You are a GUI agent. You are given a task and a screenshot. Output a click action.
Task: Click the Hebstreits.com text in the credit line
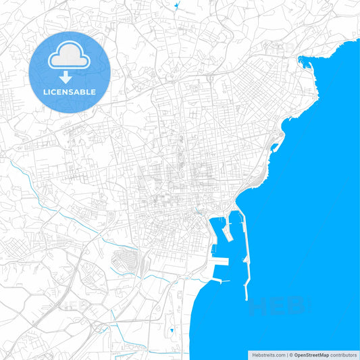267,355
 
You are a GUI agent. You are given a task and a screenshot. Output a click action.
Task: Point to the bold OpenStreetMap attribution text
311,355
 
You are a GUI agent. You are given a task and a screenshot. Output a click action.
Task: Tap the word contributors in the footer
343,355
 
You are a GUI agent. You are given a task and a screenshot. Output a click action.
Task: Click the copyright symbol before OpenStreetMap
292,355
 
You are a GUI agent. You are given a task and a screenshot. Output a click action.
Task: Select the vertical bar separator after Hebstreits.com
286,355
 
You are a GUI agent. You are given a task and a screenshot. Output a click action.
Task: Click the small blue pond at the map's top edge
176,6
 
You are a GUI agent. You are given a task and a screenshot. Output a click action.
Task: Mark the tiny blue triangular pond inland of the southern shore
172,330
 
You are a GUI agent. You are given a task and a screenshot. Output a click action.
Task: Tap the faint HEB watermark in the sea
277,307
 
